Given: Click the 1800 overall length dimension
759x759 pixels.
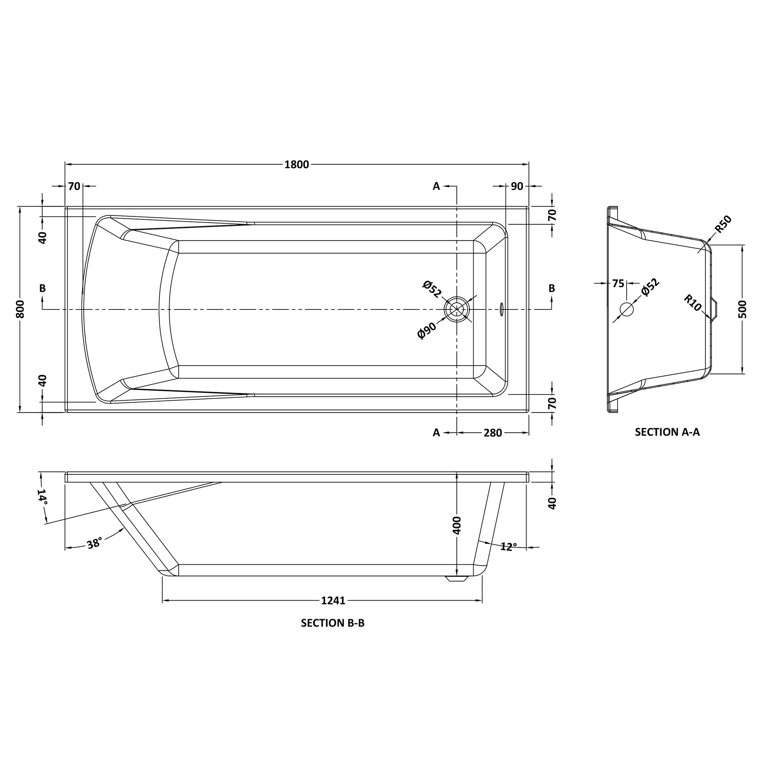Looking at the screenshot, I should click(297, 165).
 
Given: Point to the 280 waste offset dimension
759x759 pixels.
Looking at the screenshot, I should click(493, 433).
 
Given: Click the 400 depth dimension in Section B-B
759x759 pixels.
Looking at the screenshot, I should click(456, 525).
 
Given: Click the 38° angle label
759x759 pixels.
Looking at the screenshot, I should click(94, 544).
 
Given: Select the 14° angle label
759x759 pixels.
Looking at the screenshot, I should click(43, 497).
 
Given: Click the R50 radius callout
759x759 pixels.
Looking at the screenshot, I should click(723, 224).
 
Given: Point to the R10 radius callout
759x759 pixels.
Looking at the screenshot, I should click(692, 303).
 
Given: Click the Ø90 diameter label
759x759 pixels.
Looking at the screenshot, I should click(427, 330).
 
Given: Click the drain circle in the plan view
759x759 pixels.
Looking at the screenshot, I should click(456, 309).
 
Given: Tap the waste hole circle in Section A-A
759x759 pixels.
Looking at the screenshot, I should click(627, 310).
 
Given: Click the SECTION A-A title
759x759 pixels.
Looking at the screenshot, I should click(667, 432).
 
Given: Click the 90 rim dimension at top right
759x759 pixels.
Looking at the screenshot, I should click(517, 186).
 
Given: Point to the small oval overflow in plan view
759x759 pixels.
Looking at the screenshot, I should click(501, 309).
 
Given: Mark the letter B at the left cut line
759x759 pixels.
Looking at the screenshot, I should click(43, 288).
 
